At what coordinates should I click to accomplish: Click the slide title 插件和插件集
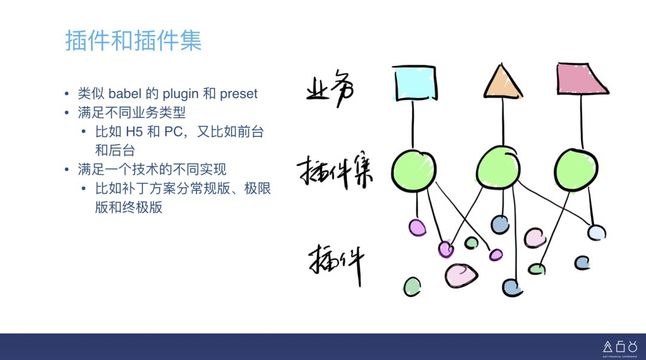[x=133, y=41]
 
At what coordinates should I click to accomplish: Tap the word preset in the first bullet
[x=239, y=94]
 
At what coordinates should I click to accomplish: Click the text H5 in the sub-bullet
[x=135, y=132]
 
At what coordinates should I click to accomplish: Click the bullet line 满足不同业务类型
[x=132, y=112]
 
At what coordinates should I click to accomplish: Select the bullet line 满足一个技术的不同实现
[x=152, y=169]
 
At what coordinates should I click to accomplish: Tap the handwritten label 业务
[x=330, y=90]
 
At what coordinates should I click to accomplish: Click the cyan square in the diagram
[x=415, y=82]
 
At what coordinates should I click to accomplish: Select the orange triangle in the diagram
[x=502, y=83]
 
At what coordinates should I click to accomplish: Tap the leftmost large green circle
[x=414, y=169]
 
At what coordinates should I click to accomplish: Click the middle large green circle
[x=499, y=167]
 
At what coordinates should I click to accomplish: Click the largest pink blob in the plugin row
[x=461, y=275]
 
